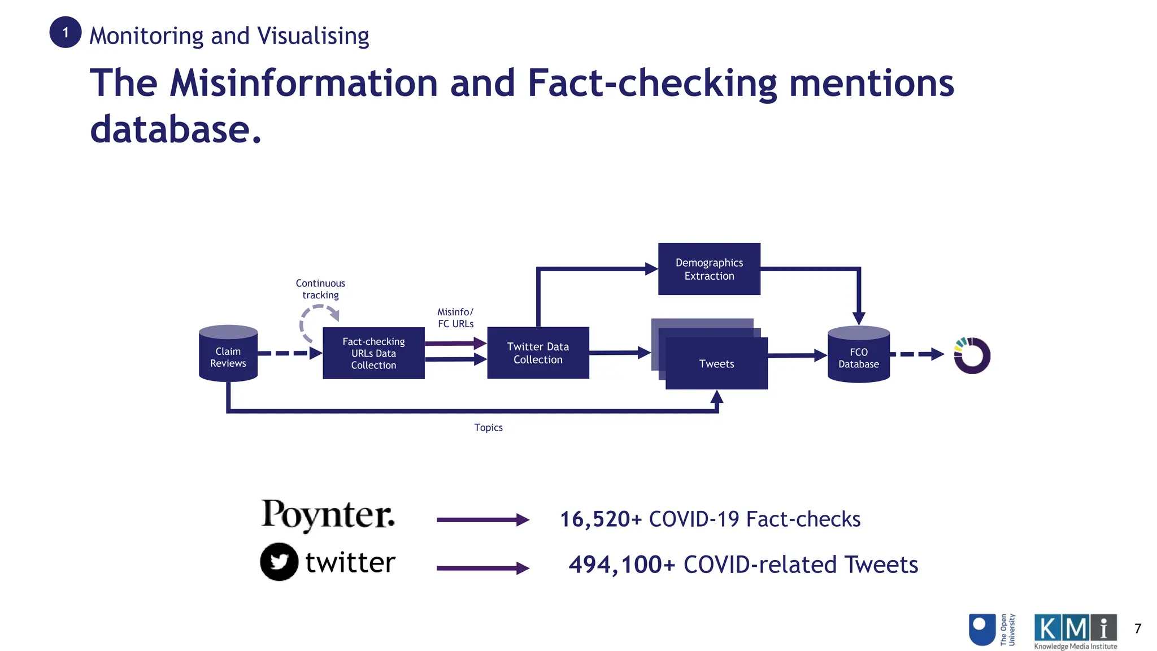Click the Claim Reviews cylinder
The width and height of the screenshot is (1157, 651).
[x=228, y=354]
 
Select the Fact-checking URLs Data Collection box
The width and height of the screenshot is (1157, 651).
[x=373, y=353]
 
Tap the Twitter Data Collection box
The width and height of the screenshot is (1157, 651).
[x=538, y=353]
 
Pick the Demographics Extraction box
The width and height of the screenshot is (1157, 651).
[x=709, y=269]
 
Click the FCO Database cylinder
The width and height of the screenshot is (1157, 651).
[x=858, y=355]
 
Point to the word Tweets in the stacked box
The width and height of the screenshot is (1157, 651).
[x=716, y=364]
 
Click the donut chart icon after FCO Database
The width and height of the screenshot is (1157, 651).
[x=972, y=355]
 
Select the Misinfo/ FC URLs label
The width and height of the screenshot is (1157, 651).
[x=455, y=318]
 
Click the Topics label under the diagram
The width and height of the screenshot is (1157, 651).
[x=488, y=428]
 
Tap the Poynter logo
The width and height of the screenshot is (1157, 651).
[x=328, y=514]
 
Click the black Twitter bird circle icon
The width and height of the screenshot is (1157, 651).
[x=279, y=562]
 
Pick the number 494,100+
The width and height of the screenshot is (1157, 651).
[x=621, y=565]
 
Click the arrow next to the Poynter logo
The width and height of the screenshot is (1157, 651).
[x=482, y=520]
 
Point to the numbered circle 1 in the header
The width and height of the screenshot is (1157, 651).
[x=66, y=32]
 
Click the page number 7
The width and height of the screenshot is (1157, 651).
[x=1138, y=628]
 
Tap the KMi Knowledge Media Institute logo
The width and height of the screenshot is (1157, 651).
[x=1075, y=631]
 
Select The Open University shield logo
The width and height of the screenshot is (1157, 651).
[x=982, y=630]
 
